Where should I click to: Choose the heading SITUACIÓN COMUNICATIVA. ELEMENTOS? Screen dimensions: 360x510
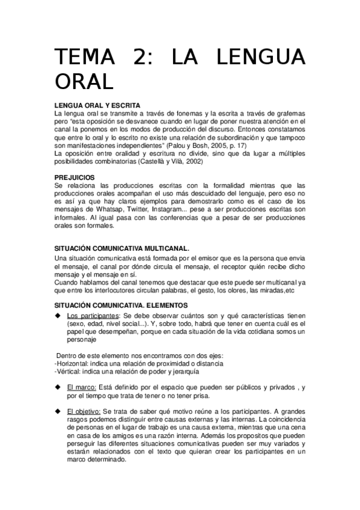121,306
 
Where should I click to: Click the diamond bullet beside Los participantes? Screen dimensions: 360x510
57,316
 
